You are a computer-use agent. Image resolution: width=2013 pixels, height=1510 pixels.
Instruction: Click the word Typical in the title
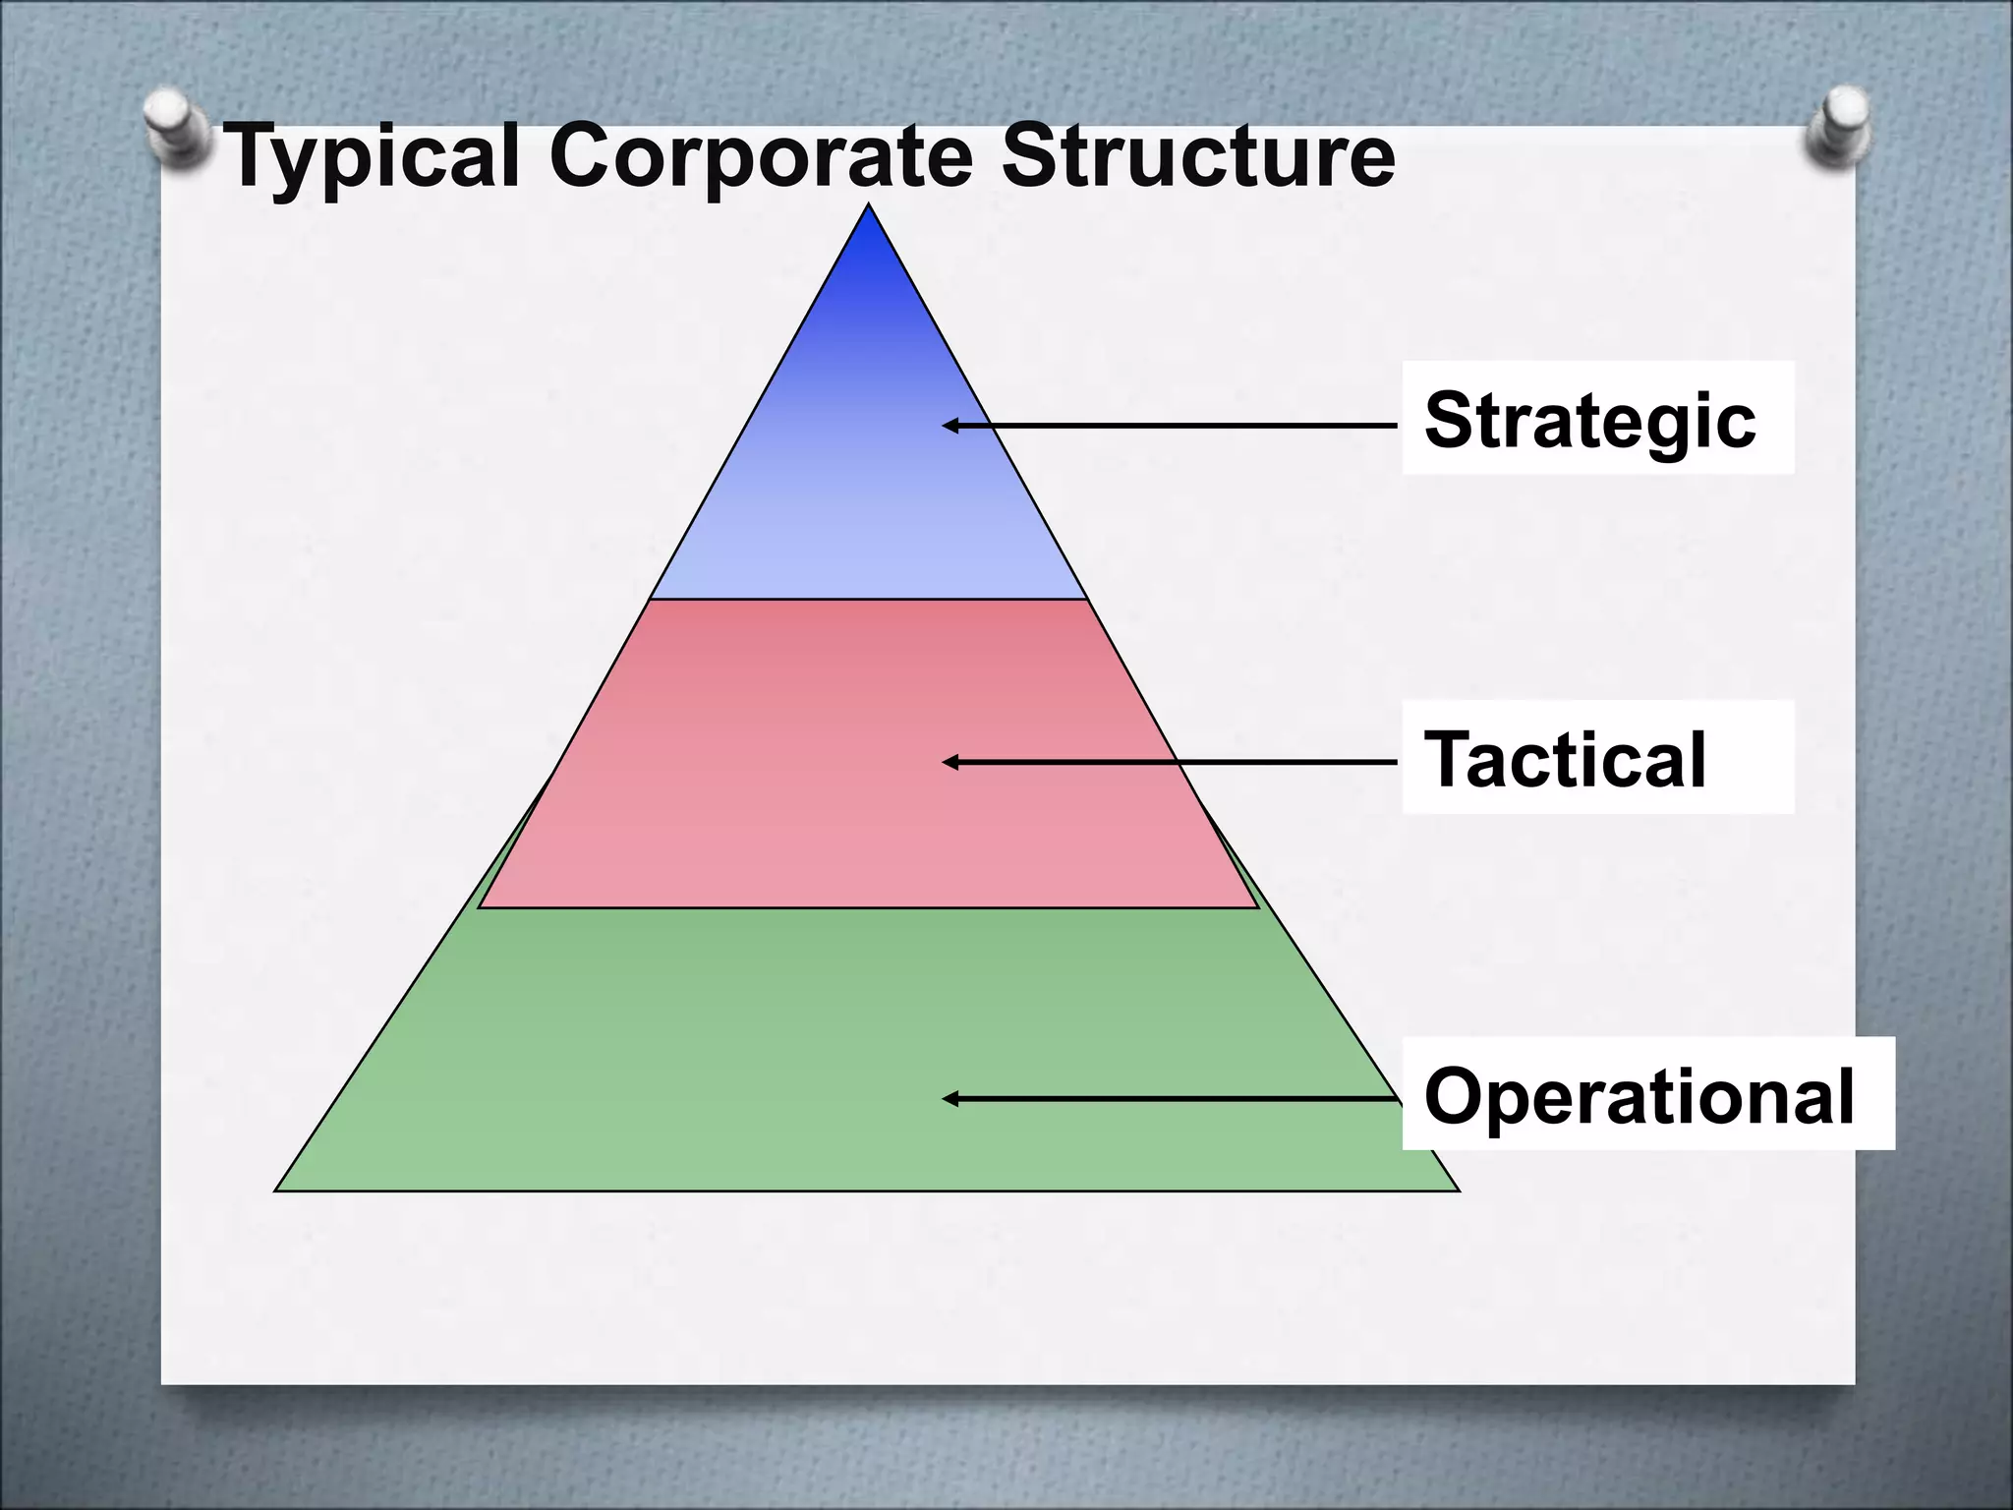[x=372, y=157]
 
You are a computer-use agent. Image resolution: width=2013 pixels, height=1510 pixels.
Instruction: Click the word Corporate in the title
[x=759, y=157]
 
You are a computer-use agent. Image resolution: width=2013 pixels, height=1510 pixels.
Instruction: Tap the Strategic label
[x=1589, y=421]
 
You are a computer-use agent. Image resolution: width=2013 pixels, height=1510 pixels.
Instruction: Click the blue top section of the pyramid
[x=869, y=462]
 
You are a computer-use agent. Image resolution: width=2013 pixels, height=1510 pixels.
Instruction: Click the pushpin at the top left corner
[x=175, y=128]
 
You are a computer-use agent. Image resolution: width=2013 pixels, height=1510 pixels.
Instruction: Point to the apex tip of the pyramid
[x=869, y=206]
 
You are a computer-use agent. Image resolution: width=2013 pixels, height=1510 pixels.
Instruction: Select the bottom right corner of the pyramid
[x=1458, y=1190]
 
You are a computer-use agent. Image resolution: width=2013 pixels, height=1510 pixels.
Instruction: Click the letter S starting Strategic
[x=1449, y=420]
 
